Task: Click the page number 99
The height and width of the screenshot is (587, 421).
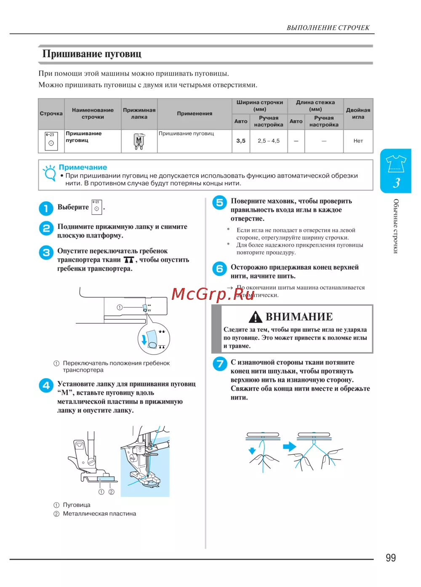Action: tap(390, 558)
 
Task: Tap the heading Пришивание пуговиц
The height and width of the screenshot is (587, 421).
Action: tap(92, 54)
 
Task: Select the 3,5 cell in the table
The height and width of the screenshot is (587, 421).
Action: tap(241, 141)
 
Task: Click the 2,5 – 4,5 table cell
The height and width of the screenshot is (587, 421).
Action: tap(269, 141)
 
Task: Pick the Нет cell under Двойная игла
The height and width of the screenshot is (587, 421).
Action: tap(358, 141)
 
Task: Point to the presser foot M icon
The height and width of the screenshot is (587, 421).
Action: tap(139, 141)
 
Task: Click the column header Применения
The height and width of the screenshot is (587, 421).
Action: tap(195, 113)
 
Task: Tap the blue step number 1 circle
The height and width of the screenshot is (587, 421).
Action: tap(46, 208)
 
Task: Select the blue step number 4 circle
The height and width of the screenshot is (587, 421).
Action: tap(46, 385)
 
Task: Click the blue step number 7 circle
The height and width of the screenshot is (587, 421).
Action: tap(219, 363)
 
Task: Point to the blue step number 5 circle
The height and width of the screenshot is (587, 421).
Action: tap(219, 203)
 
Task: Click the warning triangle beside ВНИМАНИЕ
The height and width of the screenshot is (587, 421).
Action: tap(256, 317)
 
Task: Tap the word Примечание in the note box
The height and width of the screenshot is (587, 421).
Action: tap(83, 167)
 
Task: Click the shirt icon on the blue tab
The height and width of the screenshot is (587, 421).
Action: tap(396, 163)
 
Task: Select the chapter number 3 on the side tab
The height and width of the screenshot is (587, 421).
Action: tap(396, 183)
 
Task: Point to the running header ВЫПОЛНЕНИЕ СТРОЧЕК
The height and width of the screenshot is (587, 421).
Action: tap(328, 28)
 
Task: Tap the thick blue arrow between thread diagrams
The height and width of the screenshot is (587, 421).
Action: tap(290, 446)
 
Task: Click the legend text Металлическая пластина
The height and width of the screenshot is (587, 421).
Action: tap(99, 513)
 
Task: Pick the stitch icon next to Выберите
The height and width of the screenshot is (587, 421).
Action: tap(97, 207)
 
